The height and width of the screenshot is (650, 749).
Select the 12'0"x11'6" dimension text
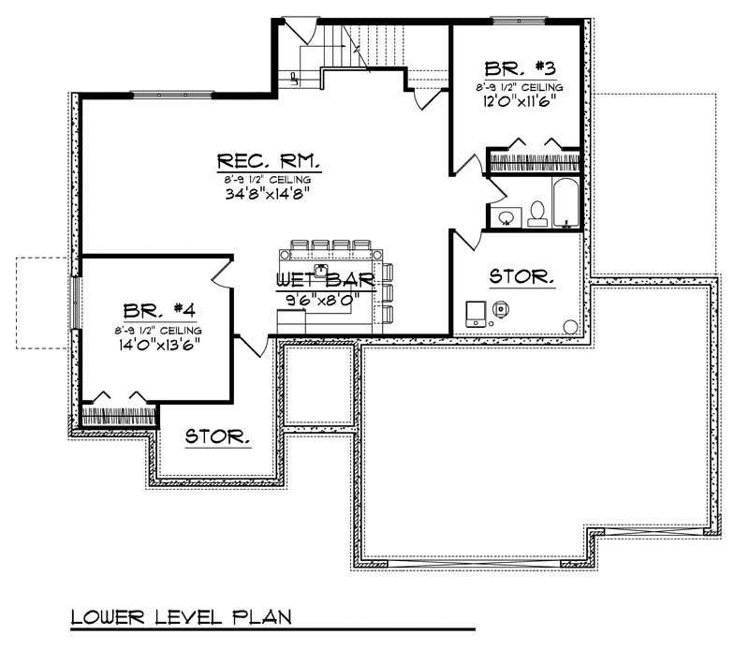(x=521, y=103)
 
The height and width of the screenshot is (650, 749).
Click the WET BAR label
(x=325, y=280)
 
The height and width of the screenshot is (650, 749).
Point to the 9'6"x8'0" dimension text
(x=325, y=299)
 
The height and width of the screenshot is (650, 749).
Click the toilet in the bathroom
(x=537, y=214)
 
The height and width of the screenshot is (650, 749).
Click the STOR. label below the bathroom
(x=521, y=277)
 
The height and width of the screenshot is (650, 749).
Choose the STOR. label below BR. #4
(x=217, y=436)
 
